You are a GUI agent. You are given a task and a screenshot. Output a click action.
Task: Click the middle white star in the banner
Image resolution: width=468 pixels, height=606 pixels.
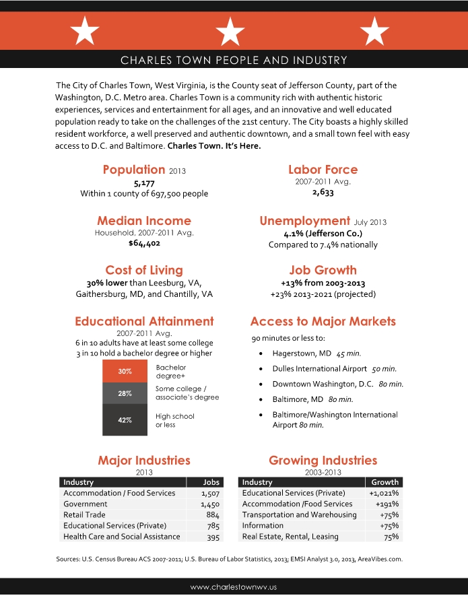click(230, 31)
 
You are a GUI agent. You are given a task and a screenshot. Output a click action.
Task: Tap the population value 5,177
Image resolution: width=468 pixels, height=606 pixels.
click(144, 182)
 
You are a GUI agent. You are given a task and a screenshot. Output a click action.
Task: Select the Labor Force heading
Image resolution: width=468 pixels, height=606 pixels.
click(323, 170)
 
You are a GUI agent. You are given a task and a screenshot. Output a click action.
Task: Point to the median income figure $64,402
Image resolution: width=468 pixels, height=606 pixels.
click(144, 244)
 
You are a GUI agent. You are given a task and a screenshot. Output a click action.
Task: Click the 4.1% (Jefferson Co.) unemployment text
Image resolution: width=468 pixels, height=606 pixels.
click(323, 234)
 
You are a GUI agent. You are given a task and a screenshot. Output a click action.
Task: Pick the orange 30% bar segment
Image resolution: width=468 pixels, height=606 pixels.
click(125, 372)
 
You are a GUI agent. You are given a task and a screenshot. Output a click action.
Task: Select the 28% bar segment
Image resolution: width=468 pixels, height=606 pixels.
click(125, 393)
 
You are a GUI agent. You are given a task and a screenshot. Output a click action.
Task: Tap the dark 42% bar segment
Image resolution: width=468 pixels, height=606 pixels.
click(125, 419)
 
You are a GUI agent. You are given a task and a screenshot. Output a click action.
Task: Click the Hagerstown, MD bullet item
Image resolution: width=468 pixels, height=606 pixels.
click(302, 353)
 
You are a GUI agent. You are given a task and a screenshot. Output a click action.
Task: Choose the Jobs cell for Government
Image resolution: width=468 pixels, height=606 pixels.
click(210, 504)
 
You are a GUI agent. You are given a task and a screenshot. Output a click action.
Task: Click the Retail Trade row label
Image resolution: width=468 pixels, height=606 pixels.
click(84, 515)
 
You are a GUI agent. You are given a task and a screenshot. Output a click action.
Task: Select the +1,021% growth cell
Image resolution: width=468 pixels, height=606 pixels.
click(384, 494)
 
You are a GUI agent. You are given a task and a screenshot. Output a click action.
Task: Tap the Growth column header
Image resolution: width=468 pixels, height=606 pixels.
click(385, 482)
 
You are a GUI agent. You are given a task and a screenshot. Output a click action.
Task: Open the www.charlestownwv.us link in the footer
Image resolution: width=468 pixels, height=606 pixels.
click(234, 587)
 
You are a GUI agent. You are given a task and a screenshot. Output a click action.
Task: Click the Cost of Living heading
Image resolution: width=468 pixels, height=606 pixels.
click(144, 270)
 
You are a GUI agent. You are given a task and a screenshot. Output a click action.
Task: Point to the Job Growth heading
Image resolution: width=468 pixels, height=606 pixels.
click(323, 270)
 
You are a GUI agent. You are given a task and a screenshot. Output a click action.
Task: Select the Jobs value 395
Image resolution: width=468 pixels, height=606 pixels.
click(213, 537)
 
